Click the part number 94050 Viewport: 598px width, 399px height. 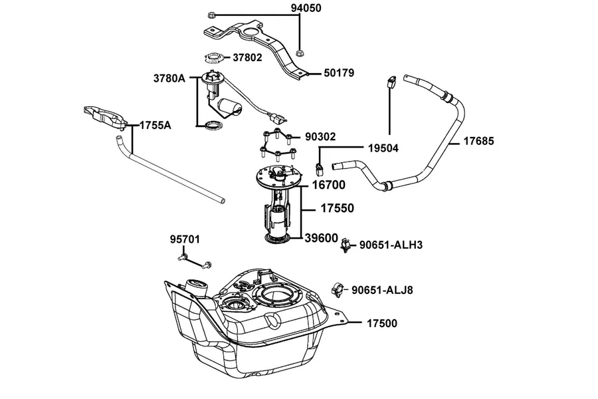pos(306,8)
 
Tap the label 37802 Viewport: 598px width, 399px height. pos(248,57)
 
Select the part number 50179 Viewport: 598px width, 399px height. pos(339,72)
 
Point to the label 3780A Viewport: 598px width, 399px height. pos(169,78)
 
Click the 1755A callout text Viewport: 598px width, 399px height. pos(155,125)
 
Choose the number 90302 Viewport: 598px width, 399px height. pos(320,137)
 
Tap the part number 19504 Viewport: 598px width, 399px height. pos(383,148)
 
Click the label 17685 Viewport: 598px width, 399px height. pos(478,141)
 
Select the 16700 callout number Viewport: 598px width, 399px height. pos(329,185)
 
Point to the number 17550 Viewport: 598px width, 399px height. pos(337,208)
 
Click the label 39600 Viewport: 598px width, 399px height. pos(322,238)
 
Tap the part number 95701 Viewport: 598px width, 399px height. pos(185,239)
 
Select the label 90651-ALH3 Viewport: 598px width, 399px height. pos(391,245)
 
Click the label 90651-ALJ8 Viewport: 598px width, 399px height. pos(382,290)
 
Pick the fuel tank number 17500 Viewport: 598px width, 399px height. pos(382,323)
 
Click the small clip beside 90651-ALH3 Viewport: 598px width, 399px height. pos(346,245)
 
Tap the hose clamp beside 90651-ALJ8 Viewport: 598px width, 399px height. pos(338,290)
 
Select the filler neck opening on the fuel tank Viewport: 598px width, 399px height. pos(197,285)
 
